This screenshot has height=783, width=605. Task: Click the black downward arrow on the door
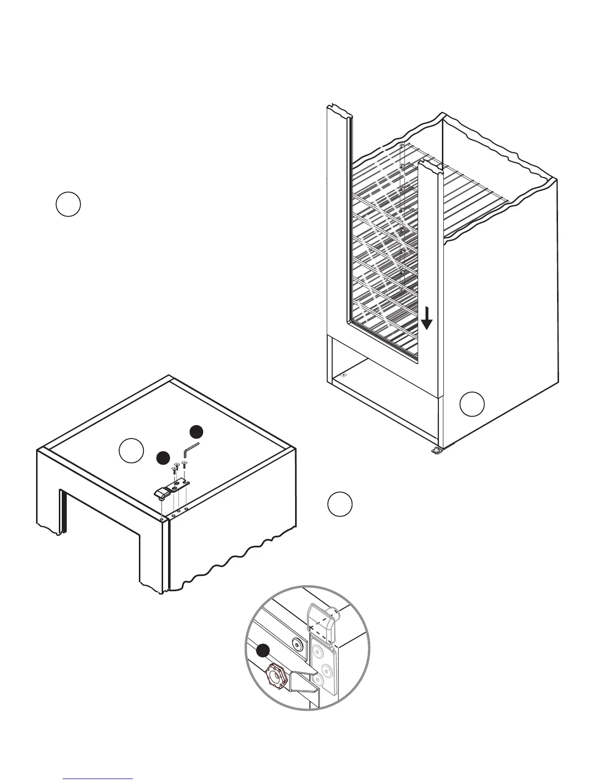pos(427,318)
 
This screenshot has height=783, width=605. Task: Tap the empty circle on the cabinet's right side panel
pos(472,404)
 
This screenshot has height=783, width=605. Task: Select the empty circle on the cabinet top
pos(131,450)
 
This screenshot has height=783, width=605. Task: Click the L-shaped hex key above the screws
pos(190,450)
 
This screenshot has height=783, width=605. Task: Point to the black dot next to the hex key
pos(197,432)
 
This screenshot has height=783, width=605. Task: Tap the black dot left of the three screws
pos(163,458)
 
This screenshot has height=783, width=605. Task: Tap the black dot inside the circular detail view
pos(264,651)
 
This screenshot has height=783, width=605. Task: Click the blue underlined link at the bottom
pos(99,778)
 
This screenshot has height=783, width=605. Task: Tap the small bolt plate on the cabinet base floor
pos(344,375)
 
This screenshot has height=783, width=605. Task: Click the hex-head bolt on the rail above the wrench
pos(297,643)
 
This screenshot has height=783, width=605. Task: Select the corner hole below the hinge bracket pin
pos(162,519)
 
